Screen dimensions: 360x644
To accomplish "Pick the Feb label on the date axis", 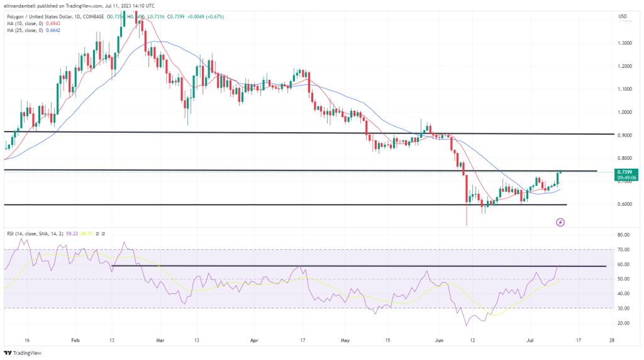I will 75,339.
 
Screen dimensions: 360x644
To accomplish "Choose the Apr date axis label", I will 254,339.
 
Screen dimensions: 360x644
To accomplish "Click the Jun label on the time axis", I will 437,339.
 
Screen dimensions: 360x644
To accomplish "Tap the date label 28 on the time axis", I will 612,339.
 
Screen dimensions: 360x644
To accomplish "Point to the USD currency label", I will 623,16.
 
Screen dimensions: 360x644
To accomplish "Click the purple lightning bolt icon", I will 560,222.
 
